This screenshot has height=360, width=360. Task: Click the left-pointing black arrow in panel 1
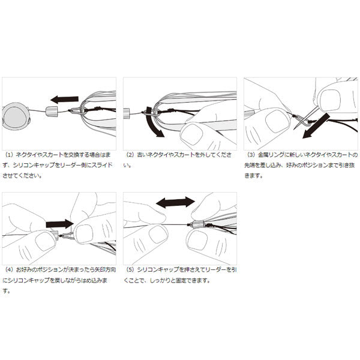point(65,100)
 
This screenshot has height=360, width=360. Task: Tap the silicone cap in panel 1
point(52,112)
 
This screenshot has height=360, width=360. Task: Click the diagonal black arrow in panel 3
point(316,125)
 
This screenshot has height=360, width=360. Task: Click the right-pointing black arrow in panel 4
point(59,224)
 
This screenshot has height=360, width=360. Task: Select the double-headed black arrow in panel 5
point(175,203)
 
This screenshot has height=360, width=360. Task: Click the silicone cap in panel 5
point(198,224)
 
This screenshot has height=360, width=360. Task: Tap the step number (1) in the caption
point(10,155)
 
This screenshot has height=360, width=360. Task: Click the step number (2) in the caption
point(130,155)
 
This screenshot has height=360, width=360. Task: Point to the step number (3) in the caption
point(251,155)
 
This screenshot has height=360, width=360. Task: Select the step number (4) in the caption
point(10,269)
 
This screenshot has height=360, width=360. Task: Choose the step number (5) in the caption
point(130,269)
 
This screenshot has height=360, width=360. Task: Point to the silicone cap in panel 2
point(127,113)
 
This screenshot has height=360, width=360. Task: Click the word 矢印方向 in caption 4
point(106,269)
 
